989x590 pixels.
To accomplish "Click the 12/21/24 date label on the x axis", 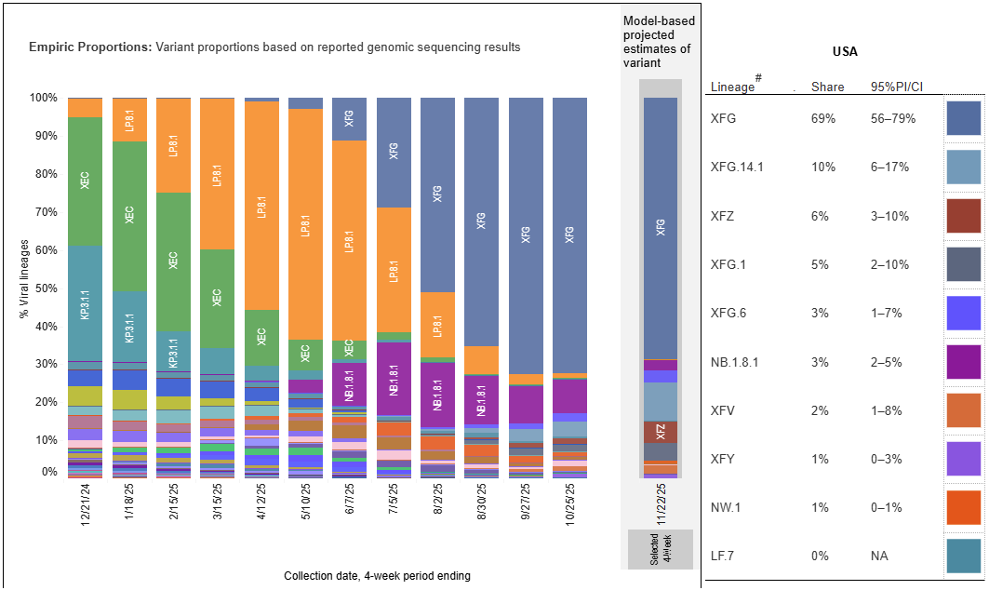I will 85,508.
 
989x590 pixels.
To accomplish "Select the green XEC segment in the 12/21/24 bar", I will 85,181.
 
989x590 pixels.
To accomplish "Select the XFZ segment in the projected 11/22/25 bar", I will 661,432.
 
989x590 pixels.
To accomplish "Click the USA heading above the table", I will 845,51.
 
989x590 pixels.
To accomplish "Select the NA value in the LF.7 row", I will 879,556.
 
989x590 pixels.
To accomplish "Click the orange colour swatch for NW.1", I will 963,506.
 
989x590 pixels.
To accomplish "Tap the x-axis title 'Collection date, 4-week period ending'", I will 377,576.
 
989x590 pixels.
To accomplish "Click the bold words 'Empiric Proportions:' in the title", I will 89,47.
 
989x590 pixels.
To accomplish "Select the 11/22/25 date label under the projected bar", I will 661,503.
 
